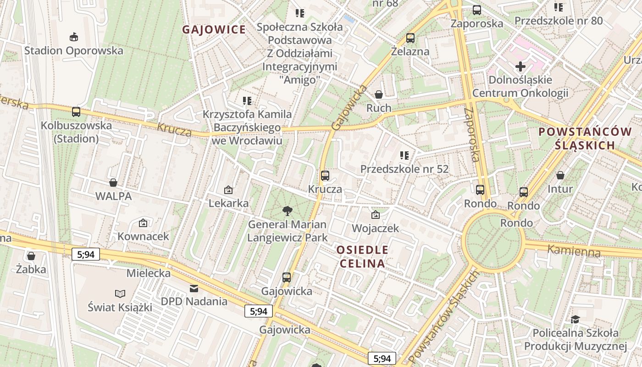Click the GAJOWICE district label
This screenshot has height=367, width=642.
click(214, 30)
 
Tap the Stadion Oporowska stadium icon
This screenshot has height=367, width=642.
click(73, 36)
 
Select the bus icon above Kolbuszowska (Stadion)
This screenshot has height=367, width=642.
click(76, 111)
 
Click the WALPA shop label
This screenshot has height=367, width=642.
click(113, 196)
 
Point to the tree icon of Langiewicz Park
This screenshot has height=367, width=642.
click(288, 211)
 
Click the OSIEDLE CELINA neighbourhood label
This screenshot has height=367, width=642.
click(362, 256)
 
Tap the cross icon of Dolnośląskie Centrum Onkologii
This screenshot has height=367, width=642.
click(520, 67)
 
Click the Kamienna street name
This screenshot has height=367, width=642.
click(574, 251)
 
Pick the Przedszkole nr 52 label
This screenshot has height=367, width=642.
click(404, 169)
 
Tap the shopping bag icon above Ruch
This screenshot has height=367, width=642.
click(379, 95)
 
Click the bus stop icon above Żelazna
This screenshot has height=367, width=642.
click(410, 38)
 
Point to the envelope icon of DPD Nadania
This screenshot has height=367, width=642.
click(194, 289)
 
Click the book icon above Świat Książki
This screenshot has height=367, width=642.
click(120, 294)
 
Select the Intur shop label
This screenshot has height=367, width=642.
click(560, 189)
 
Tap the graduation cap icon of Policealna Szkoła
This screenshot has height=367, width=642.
click(575, 319)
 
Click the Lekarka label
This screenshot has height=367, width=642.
click(228, 203)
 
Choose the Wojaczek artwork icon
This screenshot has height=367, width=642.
click(375, 215)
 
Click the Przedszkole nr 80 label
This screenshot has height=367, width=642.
click(558, 21)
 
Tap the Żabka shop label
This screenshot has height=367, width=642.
click(31, 269)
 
